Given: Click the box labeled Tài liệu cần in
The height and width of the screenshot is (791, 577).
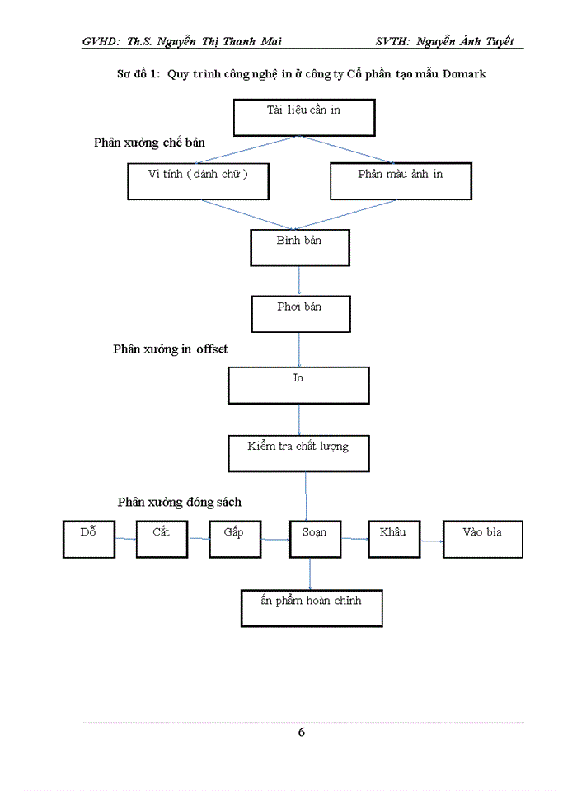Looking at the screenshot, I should point(303,118).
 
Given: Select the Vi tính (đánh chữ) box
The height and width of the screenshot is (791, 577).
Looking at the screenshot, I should point(198,181).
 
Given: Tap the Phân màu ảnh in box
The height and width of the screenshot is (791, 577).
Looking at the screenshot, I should point(401,181).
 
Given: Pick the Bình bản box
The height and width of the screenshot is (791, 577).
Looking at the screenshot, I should point(299,247).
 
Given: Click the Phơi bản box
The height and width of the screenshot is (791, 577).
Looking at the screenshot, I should point(299,313).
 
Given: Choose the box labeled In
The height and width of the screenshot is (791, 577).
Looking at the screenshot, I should point(298,385).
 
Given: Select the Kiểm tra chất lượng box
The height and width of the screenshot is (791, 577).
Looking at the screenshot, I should point(298,453).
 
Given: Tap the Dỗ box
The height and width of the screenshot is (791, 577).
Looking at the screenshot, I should point(88,539).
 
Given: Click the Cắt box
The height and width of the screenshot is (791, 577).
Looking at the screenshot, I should point(162,539).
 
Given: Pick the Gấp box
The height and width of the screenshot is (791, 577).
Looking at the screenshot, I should point(234,539).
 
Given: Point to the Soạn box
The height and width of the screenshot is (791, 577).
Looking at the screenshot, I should point(315,539).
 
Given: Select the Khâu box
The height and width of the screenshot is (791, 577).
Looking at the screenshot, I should point(393,539).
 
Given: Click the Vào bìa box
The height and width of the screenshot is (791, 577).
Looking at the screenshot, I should point(482,539).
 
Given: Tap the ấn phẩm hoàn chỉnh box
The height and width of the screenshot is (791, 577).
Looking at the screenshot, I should point(311,608).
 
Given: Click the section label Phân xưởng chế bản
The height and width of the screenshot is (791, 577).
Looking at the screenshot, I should point(149,143).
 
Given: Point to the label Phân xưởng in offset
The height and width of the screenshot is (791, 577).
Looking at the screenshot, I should point(170,349).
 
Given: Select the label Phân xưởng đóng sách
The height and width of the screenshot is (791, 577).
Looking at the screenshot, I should point(179,502).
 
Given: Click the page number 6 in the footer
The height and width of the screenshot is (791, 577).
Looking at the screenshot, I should point(302,732).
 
